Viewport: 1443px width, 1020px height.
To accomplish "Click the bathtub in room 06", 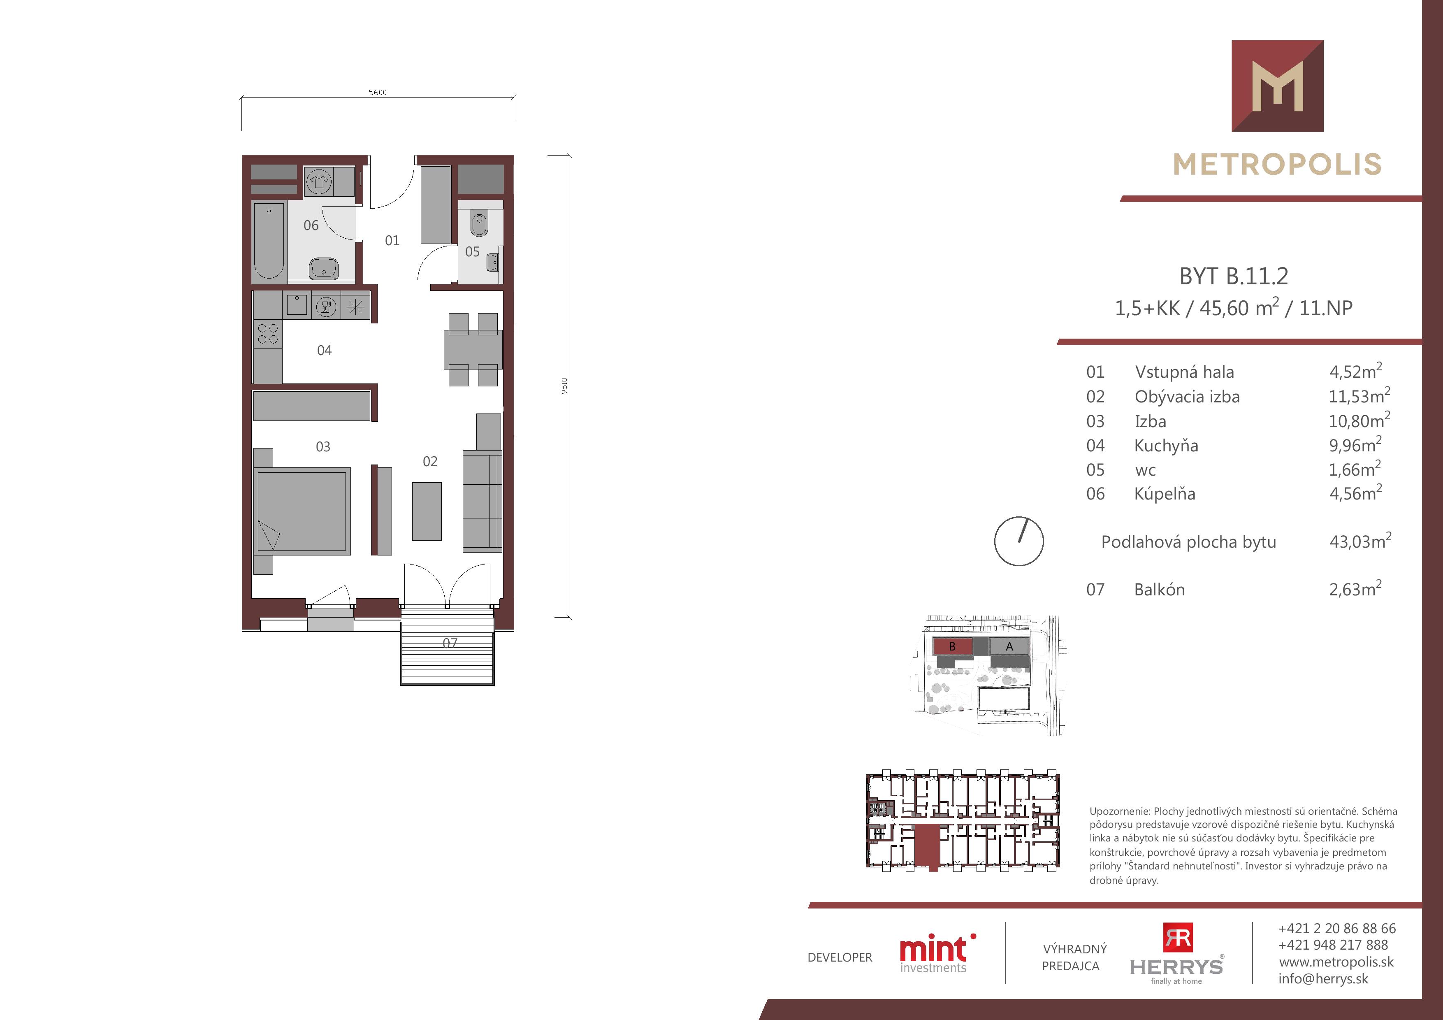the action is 269,240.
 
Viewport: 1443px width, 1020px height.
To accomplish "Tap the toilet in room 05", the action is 480,224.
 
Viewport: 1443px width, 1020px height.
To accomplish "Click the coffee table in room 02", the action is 427,511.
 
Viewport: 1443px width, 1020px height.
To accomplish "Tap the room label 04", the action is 324,351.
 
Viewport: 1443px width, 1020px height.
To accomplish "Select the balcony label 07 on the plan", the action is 450,644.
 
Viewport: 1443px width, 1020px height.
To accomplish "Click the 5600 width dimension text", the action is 378,93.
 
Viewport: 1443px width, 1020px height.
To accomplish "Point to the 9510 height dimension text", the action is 564,386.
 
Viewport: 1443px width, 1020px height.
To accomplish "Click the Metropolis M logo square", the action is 1278,86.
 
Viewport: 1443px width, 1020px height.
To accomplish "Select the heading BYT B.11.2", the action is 1234,276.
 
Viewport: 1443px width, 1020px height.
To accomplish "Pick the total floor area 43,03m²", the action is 1360,541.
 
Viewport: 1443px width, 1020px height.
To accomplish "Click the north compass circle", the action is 1019,541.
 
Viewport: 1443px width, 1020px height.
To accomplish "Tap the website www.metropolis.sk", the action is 1336,962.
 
